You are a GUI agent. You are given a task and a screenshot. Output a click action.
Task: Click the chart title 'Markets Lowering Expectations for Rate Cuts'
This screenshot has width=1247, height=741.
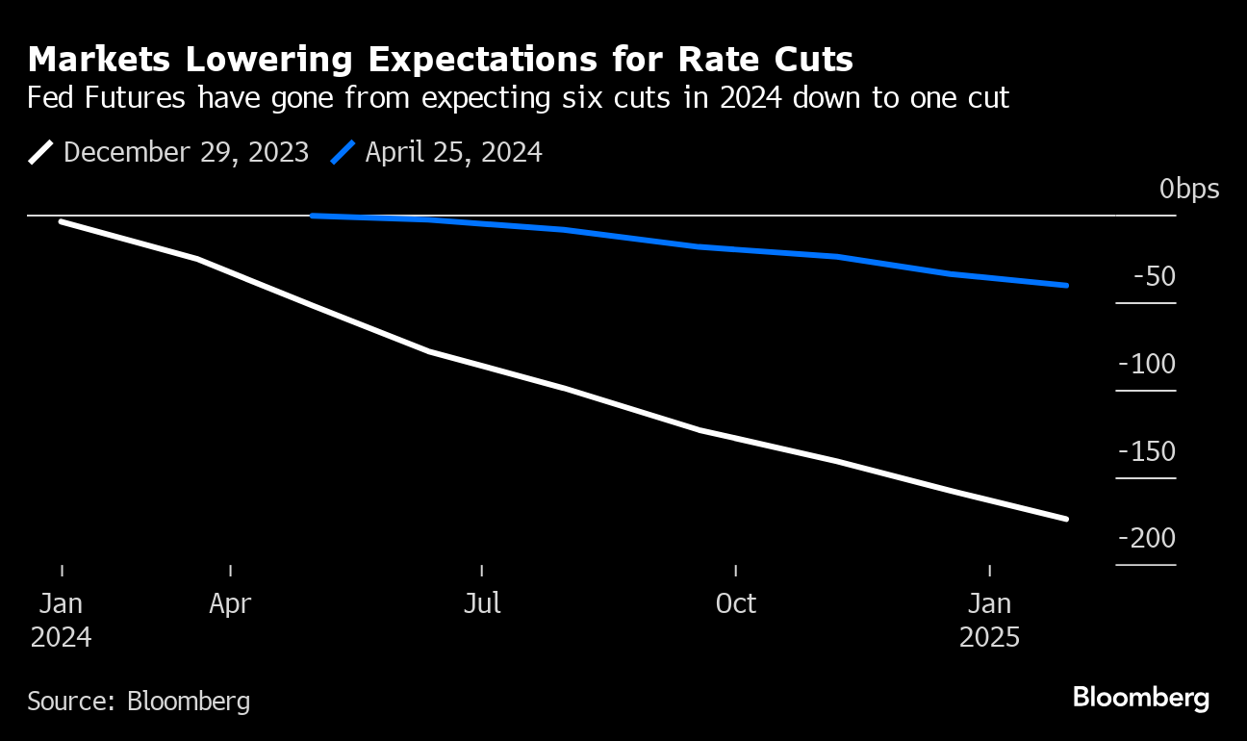click(x=441, y=60)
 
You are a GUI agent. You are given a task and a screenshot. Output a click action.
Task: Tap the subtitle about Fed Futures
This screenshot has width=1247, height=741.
click(x=518, y=98)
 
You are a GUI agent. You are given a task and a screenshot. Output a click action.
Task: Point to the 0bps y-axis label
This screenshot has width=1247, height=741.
click(x=1189, y=189)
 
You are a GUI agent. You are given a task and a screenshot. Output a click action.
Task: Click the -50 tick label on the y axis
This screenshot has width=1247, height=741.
click(x=1155, y=277)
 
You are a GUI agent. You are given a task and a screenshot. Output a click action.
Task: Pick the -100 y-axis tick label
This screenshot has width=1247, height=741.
click(x=1147, y=365)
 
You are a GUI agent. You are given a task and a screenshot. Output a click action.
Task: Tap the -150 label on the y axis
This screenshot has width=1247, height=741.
click(x=1147, y=452)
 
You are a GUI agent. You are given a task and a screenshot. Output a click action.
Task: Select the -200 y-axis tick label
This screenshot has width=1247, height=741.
click(x=1147, y=539)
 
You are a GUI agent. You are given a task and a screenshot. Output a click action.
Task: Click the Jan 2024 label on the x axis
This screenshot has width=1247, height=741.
click(x=61, y=620)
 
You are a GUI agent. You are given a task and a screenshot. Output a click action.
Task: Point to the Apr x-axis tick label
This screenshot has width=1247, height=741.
click(x=231, y=604)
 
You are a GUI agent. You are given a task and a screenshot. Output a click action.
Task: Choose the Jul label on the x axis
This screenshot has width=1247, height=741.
click(x=482, y=604)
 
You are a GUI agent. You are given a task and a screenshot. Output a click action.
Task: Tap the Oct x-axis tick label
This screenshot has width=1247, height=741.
click(x=736, y=604)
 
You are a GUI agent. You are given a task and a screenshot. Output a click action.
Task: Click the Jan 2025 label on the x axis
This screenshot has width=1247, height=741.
click(x=990, y=620)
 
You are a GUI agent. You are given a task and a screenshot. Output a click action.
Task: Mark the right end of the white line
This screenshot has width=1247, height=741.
click(x=1066, y=519)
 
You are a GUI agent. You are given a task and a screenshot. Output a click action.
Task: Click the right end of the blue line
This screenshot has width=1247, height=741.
click(x=1066, y=285)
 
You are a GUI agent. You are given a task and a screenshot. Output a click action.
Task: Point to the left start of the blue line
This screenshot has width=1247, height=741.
click(x=314, y=216)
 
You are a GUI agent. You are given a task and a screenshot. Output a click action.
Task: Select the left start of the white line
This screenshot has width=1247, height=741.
click(x=62, y=221)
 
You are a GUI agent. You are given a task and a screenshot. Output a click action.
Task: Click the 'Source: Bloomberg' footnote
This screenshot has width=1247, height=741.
click(x=139, y=701)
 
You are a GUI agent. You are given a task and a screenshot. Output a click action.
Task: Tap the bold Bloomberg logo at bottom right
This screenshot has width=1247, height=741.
click(x=1141, y=698)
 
